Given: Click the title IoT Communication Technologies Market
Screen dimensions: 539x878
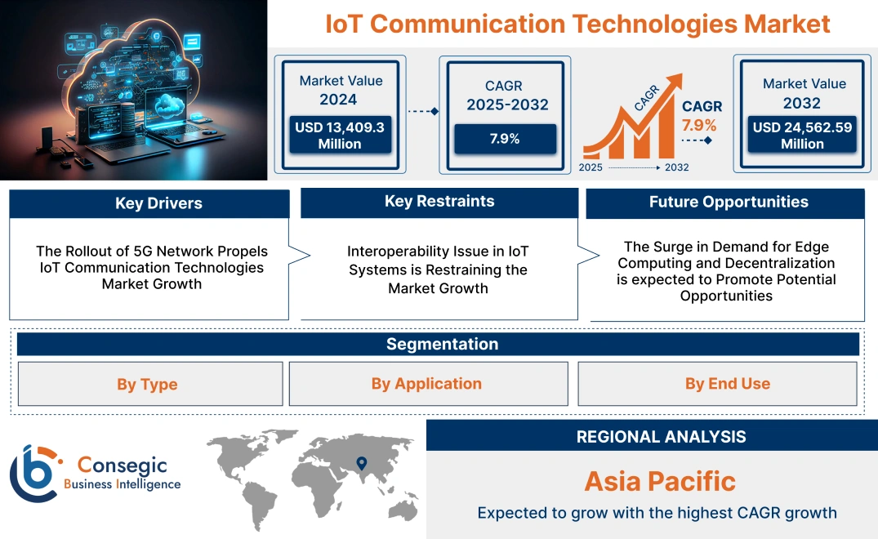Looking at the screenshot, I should (577, 23).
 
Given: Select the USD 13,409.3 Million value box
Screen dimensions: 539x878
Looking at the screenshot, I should (339, 136).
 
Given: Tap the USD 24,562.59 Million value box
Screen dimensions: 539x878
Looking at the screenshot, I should (802, 136).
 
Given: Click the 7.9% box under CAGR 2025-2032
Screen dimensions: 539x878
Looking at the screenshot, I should (505, 138).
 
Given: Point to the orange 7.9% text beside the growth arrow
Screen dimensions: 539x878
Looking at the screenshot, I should (699, 125).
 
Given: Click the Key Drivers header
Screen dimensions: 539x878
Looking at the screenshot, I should (149, 203).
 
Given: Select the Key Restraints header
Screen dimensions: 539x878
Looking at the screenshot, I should (439, 202).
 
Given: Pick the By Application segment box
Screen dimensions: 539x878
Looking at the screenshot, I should (427, 384).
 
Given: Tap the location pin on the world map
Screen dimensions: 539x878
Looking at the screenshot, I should (360, 465).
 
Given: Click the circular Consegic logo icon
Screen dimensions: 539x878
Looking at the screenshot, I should (33, 473).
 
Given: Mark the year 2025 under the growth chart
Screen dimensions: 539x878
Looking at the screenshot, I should (592, 167).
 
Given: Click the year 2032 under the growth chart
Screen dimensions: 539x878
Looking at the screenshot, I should (676, 167).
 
